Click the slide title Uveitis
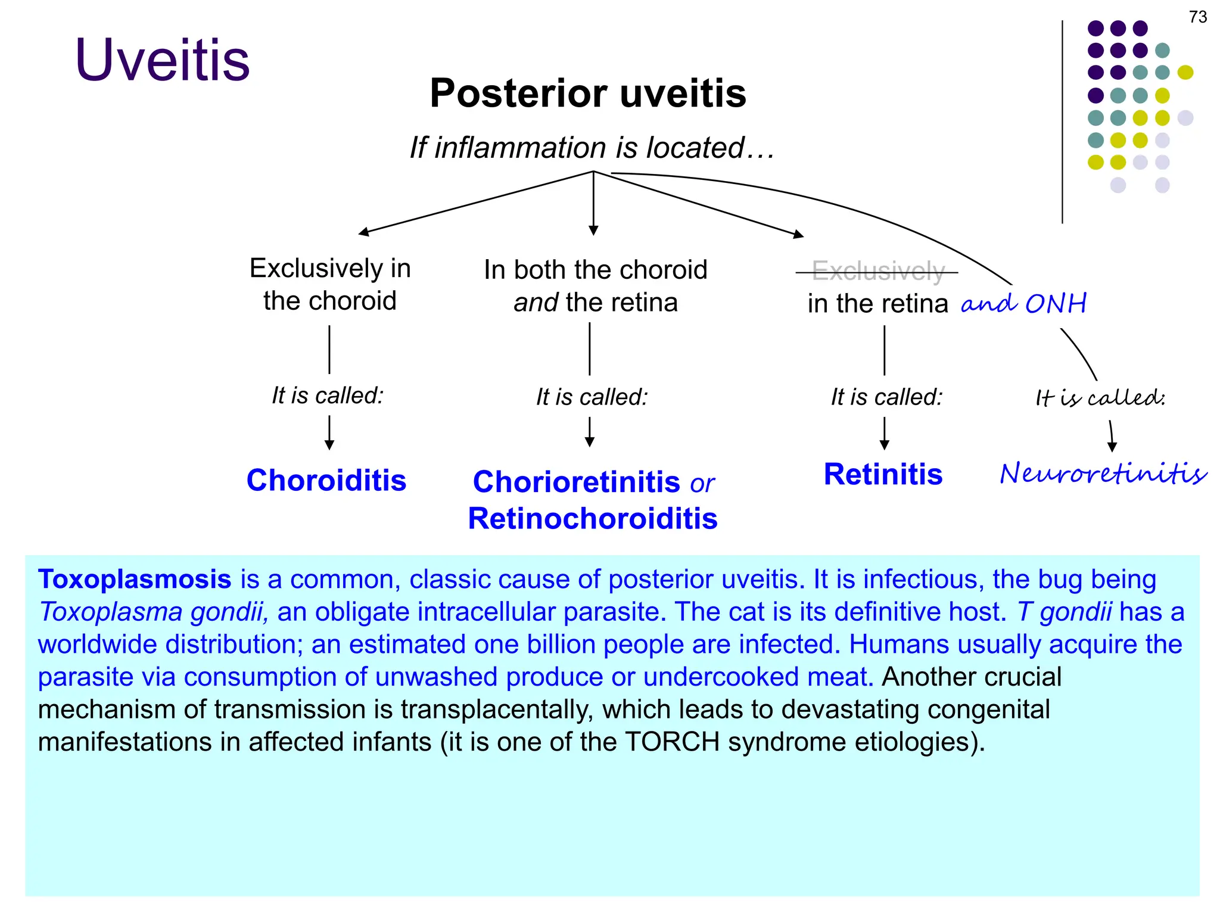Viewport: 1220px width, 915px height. point(162,60)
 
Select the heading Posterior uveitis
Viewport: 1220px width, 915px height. point(587,94)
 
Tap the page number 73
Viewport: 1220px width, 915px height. point(1197,17)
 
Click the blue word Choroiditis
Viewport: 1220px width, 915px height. point(326,480)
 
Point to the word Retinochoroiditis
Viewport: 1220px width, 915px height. point(593,518)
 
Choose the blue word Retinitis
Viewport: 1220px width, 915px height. point(883,475)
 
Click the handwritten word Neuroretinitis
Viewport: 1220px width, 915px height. point(1103,474)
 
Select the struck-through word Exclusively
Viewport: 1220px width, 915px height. point(878,272)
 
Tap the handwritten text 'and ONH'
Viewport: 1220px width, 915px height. point(1024,304)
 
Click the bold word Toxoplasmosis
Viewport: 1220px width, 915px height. point(135,579)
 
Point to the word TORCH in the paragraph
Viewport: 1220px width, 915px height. point(672,742)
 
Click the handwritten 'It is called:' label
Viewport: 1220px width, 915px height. point(1100,398)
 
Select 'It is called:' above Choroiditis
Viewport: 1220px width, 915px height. point(328,396)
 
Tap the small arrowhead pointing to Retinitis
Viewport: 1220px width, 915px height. point(885,444)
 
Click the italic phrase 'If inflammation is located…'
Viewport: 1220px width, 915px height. point(592,147)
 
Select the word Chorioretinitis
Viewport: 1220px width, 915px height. point(576,481)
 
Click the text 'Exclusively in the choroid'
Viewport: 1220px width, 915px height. point(330,284)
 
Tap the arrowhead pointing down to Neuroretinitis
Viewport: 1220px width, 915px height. point(1112,446)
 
